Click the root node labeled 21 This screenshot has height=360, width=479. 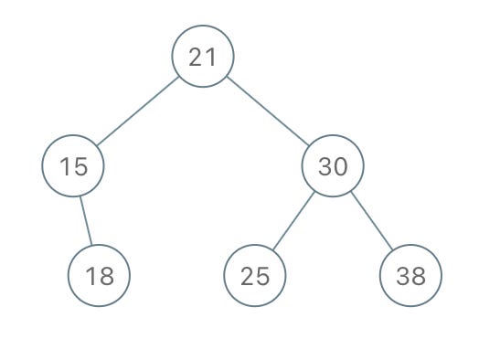203,56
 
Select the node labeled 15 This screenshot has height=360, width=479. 73,165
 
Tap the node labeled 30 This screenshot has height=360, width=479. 333,165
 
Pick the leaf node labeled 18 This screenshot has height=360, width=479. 99,275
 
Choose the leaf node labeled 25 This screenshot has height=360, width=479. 255,275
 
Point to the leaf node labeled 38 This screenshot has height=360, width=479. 410,275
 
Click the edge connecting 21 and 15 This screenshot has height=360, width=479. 137,111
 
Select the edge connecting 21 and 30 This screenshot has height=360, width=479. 268,111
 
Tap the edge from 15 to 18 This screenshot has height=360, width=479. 86,221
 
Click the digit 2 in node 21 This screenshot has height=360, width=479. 196,57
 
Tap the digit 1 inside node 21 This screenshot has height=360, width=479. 212,57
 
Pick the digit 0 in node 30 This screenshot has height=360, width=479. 340,166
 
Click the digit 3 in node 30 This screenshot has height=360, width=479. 325,166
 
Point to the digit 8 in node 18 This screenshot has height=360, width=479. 107,276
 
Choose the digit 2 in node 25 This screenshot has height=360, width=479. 248,276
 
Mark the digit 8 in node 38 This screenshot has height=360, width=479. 418,276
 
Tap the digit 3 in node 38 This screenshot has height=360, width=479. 403,276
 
